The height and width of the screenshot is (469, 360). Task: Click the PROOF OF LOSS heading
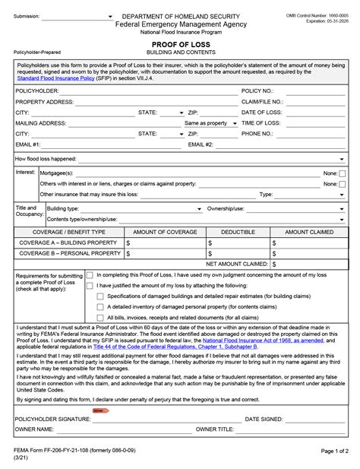coord(181,46)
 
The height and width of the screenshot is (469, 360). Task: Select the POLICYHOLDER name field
coord(144,90)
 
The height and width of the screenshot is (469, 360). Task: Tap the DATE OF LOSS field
coord(315,112)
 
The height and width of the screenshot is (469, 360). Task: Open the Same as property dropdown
coord(210,123)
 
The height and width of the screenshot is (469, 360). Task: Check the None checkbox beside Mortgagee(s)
coord(343,173)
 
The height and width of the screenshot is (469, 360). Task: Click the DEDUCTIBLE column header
coord(238,231)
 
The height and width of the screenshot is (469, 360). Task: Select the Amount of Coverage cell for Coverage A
coord(165,242)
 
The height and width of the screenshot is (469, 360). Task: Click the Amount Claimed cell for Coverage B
coord(308,253)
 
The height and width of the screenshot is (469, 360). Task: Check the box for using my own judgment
coord(90,275)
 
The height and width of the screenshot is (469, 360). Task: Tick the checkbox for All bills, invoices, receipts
coord(100,317)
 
